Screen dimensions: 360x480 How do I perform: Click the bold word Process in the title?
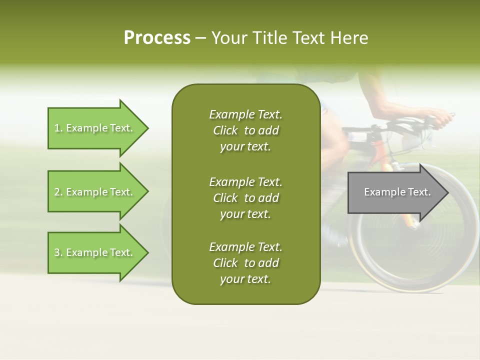click(x=157, y=38)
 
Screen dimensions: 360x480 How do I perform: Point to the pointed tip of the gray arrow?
click(x=447, y=192)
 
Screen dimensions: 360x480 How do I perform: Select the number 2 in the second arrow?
click(x=57, y=192)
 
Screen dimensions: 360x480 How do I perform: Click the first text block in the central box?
click(x=245, y=130)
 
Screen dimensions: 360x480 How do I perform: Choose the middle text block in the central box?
click(x=245, y=197)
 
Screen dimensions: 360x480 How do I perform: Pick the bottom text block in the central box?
click(x=245, y=263)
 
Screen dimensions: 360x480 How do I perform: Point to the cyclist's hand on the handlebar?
click(x=442, y=119)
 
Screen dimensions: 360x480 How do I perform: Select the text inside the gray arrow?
click(x=397, y=192)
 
